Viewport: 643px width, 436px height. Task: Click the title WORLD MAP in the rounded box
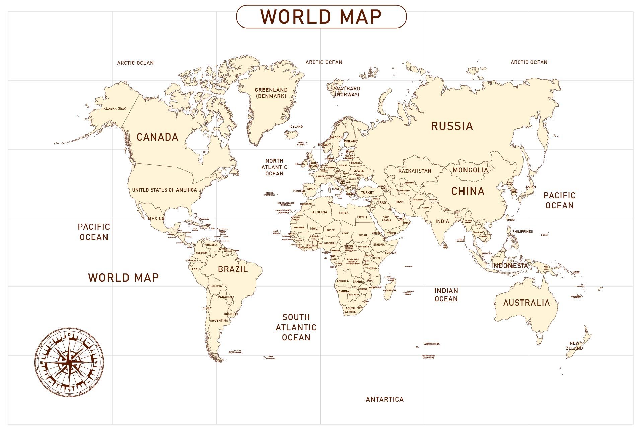321,16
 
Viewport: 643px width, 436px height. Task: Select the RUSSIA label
452,126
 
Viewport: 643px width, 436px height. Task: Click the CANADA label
157,137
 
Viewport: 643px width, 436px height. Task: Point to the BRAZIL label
233,269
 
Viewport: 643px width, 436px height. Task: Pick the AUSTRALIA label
526,303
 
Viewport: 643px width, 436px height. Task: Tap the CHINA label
468,191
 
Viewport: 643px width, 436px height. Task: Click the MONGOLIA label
470,170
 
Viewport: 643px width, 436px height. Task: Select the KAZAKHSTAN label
415,171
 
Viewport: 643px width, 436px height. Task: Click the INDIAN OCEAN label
446,295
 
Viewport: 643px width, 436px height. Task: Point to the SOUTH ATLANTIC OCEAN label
296,327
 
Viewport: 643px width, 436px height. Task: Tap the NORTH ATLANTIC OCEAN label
274,167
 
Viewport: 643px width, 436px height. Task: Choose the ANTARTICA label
384,399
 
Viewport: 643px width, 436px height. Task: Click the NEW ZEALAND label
574,346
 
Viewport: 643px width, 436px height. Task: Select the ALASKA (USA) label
115,109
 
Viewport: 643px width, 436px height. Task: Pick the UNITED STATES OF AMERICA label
164,190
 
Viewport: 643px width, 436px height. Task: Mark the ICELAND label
296,127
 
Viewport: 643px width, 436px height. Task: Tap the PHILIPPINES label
522,232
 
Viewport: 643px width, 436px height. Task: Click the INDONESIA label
509,266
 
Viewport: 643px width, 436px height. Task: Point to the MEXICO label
156,218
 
